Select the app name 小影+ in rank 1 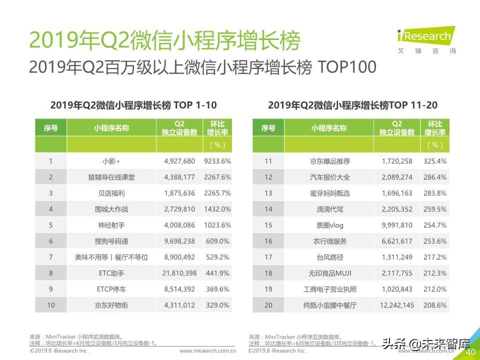pyautogui.click(x=111, y=161)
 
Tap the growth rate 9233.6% pyautogui.click(x=217, y=161)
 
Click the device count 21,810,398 pyautogui.click(x=180, y=273)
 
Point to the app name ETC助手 pyautogui.click(x=111, y=273)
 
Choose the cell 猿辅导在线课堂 pyautogui.click(x=111, y=177)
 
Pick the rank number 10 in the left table pyautogui.click(x=50, y=305)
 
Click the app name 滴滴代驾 pyautogui.click(x=329, y=209)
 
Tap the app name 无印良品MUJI pyautogui.click(x=329, y=273)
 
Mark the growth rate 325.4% pyautogui.click(x=435, y=161)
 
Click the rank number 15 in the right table pyautogui.click(x=268, y=225)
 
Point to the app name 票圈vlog pyautogui.click(x=329, y=225)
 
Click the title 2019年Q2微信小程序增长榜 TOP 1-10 pyautogui.click(x=133, y=105)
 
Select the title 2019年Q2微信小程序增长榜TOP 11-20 pyautogui.click(x=352, y=105)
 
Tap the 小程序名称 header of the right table pyautogui.click(x=329, y=128)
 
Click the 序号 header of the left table pyautogui.click(x=50, y=128)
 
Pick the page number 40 pyautogui.click(x=470, y=352)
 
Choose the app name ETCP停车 pyautogui.click(x=111, y=289)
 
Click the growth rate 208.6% pyautogui.click(x=435, y=305)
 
